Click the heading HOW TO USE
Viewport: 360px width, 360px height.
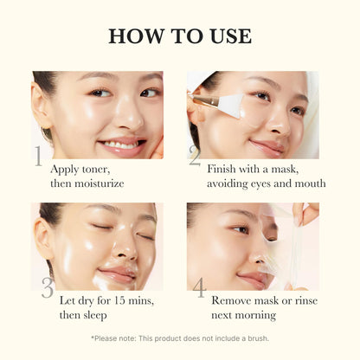180,36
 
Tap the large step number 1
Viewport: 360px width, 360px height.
39,157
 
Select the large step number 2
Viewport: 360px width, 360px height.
195,157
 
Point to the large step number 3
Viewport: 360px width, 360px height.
46,288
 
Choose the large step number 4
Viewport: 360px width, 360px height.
199,288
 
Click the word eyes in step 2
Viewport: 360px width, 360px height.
267,183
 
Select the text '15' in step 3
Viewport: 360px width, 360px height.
114,300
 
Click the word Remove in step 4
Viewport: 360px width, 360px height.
232,300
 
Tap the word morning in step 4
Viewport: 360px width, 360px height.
254,315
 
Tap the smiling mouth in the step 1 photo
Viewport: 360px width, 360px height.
121,140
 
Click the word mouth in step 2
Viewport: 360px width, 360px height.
309,183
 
